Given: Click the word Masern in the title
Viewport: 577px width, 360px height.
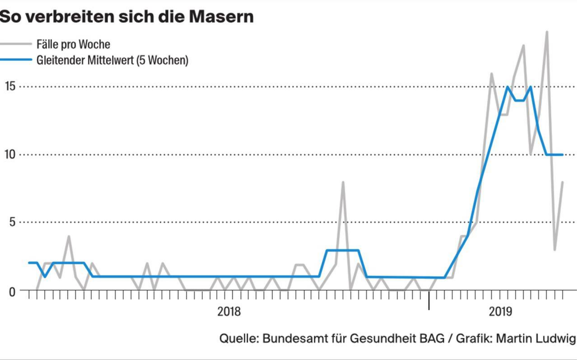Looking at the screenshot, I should [x=221, y=17].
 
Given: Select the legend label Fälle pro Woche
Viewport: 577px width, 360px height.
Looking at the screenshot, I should [x=73, y=44].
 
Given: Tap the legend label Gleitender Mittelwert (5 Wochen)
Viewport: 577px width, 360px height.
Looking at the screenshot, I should [x=112, y=60].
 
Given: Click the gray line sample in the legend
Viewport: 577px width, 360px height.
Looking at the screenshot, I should [x=16, y=44].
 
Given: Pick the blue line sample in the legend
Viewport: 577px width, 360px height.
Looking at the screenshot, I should [x=16, y=60].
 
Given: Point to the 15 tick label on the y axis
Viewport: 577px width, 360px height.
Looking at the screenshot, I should [x=10, y=86].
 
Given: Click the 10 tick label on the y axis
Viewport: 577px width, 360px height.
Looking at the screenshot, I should [x=10, y=154].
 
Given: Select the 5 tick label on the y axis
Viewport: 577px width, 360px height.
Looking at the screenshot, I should [x=12, y=222].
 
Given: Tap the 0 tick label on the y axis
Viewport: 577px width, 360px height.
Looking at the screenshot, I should [x=12, y=291].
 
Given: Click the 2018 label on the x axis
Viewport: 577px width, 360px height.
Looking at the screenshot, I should [x=229, y=312].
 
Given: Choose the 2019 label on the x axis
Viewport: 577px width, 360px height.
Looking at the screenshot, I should [x=500, y=312].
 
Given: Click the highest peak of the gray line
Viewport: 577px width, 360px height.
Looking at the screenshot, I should [x=547, y=32].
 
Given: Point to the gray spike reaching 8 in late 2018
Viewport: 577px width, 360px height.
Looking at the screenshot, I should [x=343, y=182].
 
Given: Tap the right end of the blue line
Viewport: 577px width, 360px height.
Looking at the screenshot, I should [x=562, y=154].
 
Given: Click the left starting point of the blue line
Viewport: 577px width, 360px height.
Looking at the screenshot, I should [x=29, y=263].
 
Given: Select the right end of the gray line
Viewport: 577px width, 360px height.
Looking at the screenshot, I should [x=563, y=182].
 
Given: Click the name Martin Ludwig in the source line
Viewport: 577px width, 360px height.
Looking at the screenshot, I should [x=536, y=338].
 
